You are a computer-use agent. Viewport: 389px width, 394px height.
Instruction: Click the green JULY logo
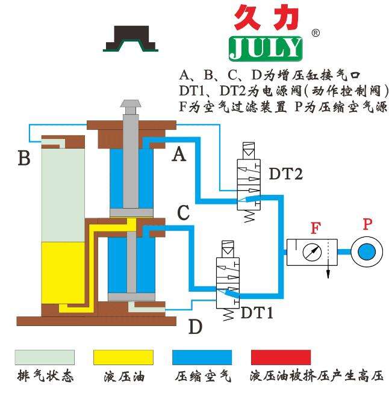(x=266, y=48)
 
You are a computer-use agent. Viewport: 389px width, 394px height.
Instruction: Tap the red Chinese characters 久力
(x=266, y=17)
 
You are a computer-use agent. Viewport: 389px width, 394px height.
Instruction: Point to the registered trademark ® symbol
(x=314, y=33)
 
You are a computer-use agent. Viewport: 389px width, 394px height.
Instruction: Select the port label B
(x=24, y=158)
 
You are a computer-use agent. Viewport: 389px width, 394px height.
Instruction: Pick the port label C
(x=184, y=212)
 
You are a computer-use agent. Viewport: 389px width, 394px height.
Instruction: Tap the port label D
(x=195, y=327)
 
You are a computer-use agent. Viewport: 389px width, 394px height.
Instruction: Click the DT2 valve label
(x=285, y=174)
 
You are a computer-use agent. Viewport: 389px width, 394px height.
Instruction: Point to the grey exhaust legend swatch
(x=45, y=357)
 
